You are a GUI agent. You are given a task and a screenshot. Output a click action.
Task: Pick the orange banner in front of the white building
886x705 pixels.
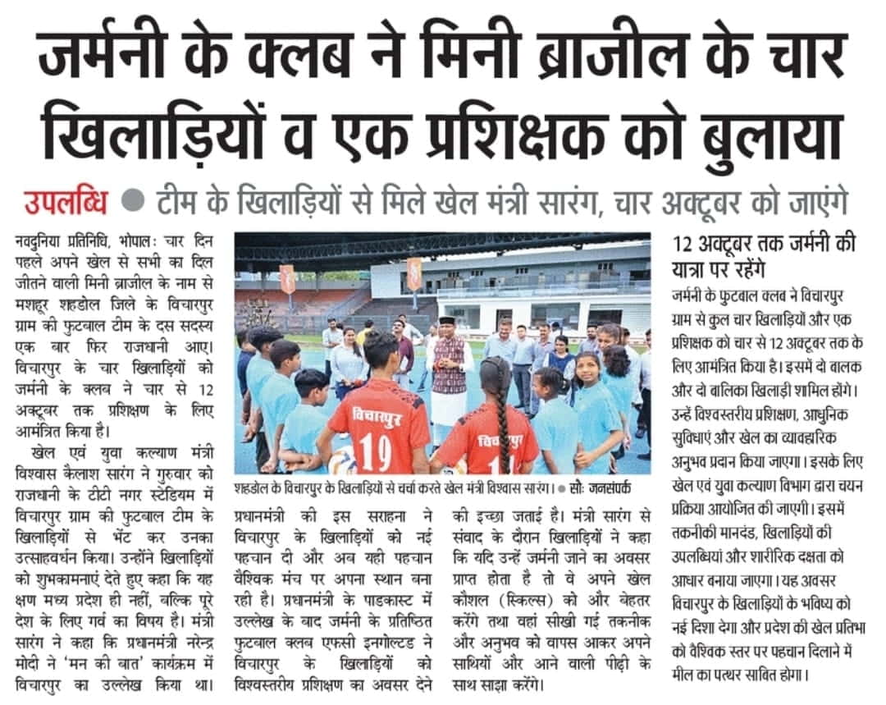click(414, 272)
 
